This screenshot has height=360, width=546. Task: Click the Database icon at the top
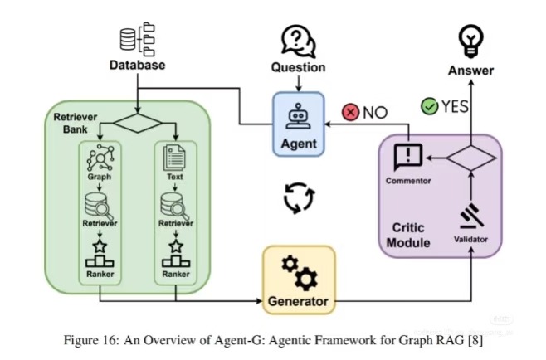(x=137, y=37)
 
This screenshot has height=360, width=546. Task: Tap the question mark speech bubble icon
(x=297, y=41)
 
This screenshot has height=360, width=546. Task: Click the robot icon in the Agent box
(x=297, y=119)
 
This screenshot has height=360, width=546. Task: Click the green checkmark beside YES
(x=429, y=106)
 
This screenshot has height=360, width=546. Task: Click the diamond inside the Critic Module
(x=470, y=158)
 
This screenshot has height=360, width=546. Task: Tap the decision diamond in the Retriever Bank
(x=138, y=125)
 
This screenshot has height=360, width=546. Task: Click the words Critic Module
(x=412, y=235)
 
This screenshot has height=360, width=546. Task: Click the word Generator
(x=299, y=300)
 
